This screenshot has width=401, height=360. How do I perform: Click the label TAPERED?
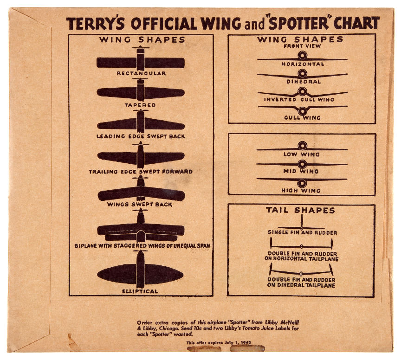[x=140, y=105]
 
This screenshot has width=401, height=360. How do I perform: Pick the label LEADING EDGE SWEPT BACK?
[x=141, y=136]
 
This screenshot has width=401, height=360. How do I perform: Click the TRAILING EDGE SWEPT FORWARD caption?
[x=141, y=172]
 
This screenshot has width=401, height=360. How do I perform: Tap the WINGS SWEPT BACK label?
[x=140, y=204]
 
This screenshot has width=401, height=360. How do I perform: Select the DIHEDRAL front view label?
[x=304, y=82]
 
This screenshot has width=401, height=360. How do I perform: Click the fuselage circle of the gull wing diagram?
[x=302, y=111]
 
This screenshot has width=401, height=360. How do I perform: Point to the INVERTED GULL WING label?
[x=299, y=99]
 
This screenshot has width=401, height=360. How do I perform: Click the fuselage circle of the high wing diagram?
[x=302, y=184]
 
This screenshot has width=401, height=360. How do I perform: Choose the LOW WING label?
[x=302, y=154]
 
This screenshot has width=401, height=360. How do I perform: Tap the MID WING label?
[x=301, y=171]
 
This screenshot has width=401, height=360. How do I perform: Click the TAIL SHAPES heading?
[x=300, y=210]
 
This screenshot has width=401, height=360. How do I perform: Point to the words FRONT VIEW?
[x=302, y=46]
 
